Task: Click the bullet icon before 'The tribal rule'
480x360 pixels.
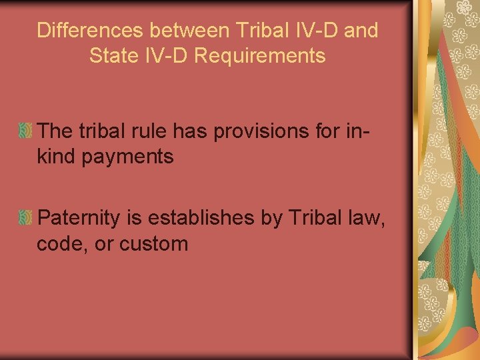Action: click(x=25, y=131)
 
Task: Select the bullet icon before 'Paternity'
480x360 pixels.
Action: click(x=25, y=217)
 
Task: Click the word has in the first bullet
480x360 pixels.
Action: click(x=189, y=131)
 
